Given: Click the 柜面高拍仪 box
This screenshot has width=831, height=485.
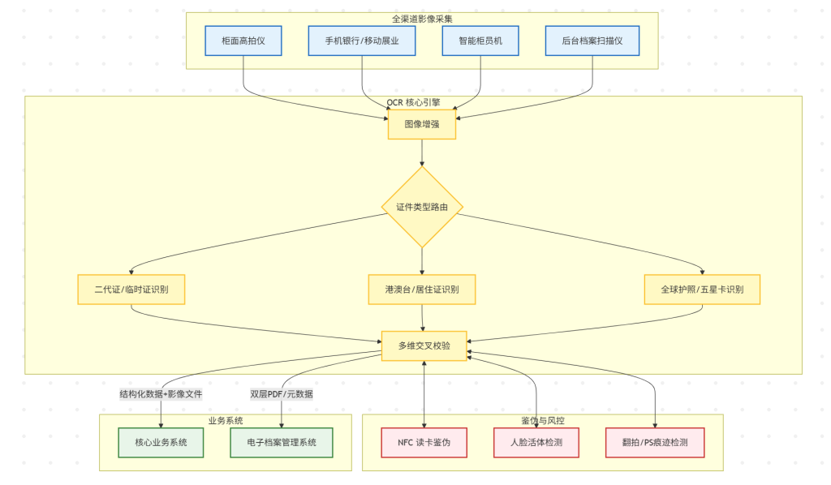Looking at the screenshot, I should (243, 41).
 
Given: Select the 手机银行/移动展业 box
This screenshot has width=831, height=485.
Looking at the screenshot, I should (362, 41).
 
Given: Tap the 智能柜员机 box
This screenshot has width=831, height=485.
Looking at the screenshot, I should (482, 41).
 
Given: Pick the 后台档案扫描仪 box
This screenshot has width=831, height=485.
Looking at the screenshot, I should (592, 41).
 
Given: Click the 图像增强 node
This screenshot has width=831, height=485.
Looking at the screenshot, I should (421, 125).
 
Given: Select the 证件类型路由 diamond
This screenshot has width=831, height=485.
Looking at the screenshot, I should (422, 207).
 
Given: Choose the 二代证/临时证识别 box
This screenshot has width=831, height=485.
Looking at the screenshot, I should (131, 290).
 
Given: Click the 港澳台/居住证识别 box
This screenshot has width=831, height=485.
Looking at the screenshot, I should (422, 290).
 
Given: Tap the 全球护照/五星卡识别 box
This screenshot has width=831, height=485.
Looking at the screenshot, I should (703, 290).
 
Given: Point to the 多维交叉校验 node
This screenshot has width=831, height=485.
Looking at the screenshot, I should (424, 346).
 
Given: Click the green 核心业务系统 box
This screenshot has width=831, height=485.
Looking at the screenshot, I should (161, 442).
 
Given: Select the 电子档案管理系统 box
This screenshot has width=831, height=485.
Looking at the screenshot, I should (282, 442).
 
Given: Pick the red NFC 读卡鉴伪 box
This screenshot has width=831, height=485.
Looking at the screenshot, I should (424, 442).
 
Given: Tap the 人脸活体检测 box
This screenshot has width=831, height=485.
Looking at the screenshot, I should (536, 442).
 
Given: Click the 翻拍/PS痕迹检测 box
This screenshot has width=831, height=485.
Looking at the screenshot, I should (655, 442).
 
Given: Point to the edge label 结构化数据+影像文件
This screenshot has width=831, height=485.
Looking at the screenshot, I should (161, 394).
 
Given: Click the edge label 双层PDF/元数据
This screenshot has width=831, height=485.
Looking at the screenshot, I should (282, 394).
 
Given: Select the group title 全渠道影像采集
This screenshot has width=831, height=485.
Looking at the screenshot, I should (422, 18).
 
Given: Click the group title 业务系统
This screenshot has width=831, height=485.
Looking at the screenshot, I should (226, 420).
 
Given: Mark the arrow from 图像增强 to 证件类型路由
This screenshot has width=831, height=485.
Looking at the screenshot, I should (422, 152).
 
